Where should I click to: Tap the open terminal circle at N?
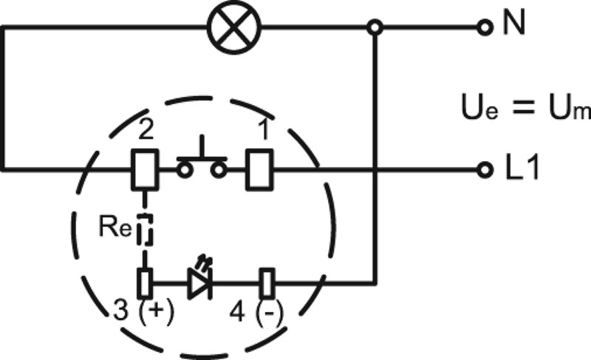coord(485,28)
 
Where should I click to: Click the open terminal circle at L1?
coord(485,170)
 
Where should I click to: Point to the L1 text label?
coord(522,169)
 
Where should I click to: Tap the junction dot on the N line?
coord(375,28)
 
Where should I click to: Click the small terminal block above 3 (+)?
coord(145,282)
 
